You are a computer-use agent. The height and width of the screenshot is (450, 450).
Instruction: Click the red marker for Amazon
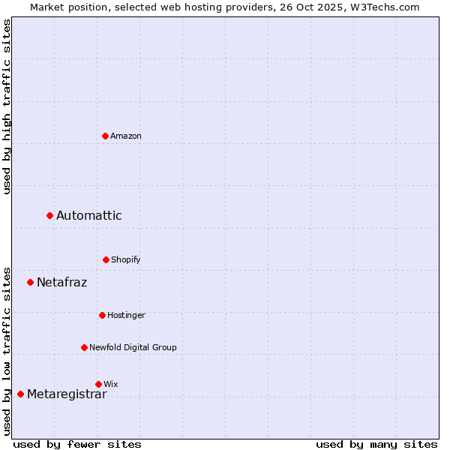coord(105,136)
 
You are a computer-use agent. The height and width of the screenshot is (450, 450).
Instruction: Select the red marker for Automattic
coord(49,216)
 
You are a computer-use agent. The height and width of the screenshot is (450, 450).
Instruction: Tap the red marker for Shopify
coord(106,259)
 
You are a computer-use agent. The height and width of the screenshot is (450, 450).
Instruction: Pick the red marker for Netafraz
coord(30,283)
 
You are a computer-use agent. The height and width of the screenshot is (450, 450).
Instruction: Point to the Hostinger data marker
coord(102,315)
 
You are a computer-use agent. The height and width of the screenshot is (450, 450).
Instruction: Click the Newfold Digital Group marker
coord(84,347)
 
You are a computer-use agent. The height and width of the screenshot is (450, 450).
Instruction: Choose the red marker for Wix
coord(98,384)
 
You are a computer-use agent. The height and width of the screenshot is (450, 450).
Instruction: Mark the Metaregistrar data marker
coord(20,394)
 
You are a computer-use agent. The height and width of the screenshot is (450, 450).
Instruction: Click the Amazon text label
coord(126,136)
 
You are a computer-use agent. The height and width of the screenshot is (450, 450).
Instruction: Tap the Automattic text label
coord(89,216)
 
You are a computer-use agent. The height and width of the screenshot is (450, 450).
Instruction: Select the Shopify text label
coord(126,259)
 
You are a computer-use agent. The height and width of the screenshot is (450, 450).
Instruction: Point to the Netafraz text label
coord(62,283)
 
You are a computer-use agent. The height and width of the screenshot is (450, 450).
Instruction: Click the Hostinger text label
coord(126,315)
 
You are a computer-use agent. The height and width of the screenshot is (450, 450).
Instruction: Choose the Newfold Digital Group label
coord(133,347)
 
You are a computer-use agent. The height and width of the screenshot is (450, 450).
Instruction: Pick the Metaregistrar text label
coord(67,394)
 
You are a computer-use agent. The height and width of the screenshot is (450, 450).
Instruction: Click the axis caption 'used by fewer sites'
coord(77,444)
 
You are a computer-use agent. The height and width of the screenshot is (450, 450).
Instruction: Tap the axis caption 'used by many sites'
coord(376,444)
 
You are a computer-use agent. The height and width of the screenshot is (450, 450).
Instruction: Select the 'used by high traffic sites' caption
coord(7,106)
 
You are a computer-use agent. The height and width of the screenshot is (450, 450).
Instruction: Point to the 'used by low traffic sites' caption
coord(7,350)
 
